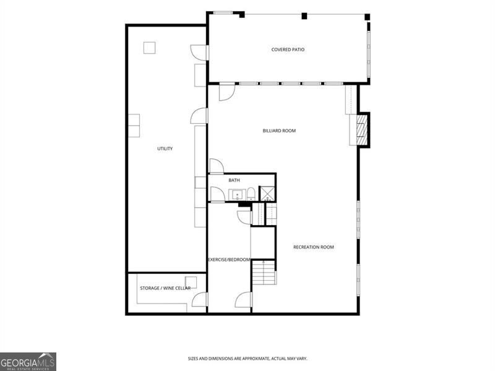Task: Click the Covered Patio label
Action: pyautogui.click(x=288, y=49)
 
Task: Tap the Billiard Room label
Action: pyautogui.click(x=279, y=130)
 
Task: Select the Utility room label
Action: pyautogui.click(x=165, y=148)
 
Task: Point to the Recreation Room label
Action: pyautogui.click(x=314, y=247)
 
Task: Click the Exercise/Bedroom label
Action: pyautogui.click(x=229, y=260)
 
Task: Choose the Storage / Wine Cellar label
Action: pyautogui.click(x=165, y=288)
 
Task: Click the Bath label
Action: pyautogui.click(x=234, y=180)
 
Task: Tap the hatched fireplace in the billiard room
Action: pyautogui.click(x=363, y=130)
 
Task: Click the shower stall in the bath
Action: pyautogui.click(x=267, y=194)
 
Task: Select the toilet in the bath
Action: pyautogui.click(x=251, y=194)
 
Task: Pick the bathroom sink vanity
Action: pyautogui.click(x=237, y=195)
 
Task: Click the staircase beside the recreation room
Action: pyautogui.click(x=264, y=273)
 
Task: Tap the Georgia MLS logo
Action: pyautogui.click(x=28, y=362)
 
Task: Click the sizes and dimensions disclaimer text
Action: pyautogui.click(x=247, y=359)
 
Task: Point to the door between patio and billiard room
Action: pyautogui.click(x=227, y=92)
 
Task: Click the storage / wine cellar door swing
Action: pyautogui.click(x=200, y=299)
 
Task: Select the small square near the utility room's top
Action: pyautogui.click(x=149, y=48)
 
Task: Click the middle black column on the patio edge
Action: pyautogui.click(x=304, y=16)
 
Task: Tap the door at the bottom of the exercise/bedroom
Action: pyautogui.click(x=244, y=300)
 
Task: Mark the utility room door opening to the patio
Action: pyautogui.click(x=199, y=53)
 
